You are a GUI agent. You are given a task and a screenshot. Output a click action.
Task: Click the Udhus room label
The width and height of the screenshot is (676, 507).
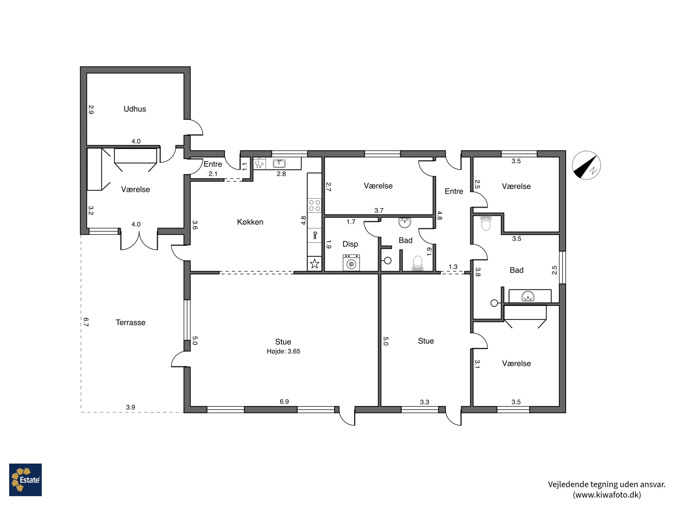pyautogui.click(x=135, y=109)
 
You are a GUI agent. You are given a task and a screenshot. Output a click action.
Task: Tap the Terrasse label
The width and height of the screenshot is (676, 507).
pyautogui.click(x=130, y=322)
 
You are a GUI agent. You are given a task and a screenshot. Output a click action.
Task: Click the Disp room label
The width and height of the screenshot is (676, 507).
pyautogui.click(x=350, y=244)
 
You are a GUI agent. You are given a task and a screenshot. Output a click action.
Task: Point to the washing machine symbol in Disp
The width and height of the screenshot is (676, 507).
pyautogui.click(x=351, y=263)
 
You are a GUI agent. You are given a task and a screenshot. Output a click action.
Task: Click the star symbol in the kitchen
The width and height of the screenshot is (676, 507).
pyautogui.click(x=315, y=263)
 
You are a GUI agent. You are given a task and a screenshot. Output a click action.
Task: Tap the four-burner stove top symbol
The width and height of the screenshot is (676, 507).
pyautogui.click(x=315, y=205)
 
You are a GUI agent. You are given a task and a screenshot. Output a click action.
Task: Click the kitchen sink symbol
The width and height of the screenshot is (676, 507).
pyautogui.click(x=279, y=164)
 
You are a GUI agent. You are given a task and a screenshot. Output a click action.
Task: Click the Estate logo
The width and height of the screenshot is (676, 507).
pyautogui.click(x=25, y=480)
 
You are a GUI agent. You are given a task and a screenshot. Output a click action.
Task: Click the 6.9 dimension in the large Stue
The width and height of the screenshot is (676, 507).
pyautogui.click(x=284, y=402)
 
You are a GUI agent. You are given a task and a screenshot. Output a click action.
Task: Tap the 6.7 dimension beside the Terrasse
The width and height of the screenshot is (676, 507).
pyautogui.click(x=86, y=322)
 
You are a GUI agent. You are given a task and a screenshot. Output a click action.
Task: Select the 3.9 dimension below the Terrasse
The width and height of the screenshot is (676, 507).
pyautogui.click(x=130, y=407)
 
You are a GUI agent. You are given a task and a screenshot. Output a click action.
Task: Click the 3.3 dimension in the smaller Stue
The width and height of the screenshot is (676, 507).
pyautogui.click(x=425, y=402)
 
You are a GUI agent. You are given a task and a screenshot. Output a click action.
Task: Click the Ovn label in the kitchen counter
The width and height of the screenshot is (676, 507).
pyautogui.click(x=315, y=235)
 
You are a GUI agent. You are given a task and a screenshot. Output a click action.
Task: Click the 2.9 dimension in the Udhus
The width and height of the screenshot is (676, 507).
pyautogui.click(x=91, y=110)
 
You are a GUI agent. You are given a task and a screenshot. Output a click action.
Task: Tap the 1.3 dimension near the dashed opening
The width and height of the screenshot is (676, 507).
pyautogui.click(x=453, y=267)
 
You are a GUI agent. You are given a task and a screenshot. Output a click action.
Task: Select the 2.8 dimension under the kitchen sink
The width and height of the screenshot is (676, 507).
pyautogui.click(x=281, y=174)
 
